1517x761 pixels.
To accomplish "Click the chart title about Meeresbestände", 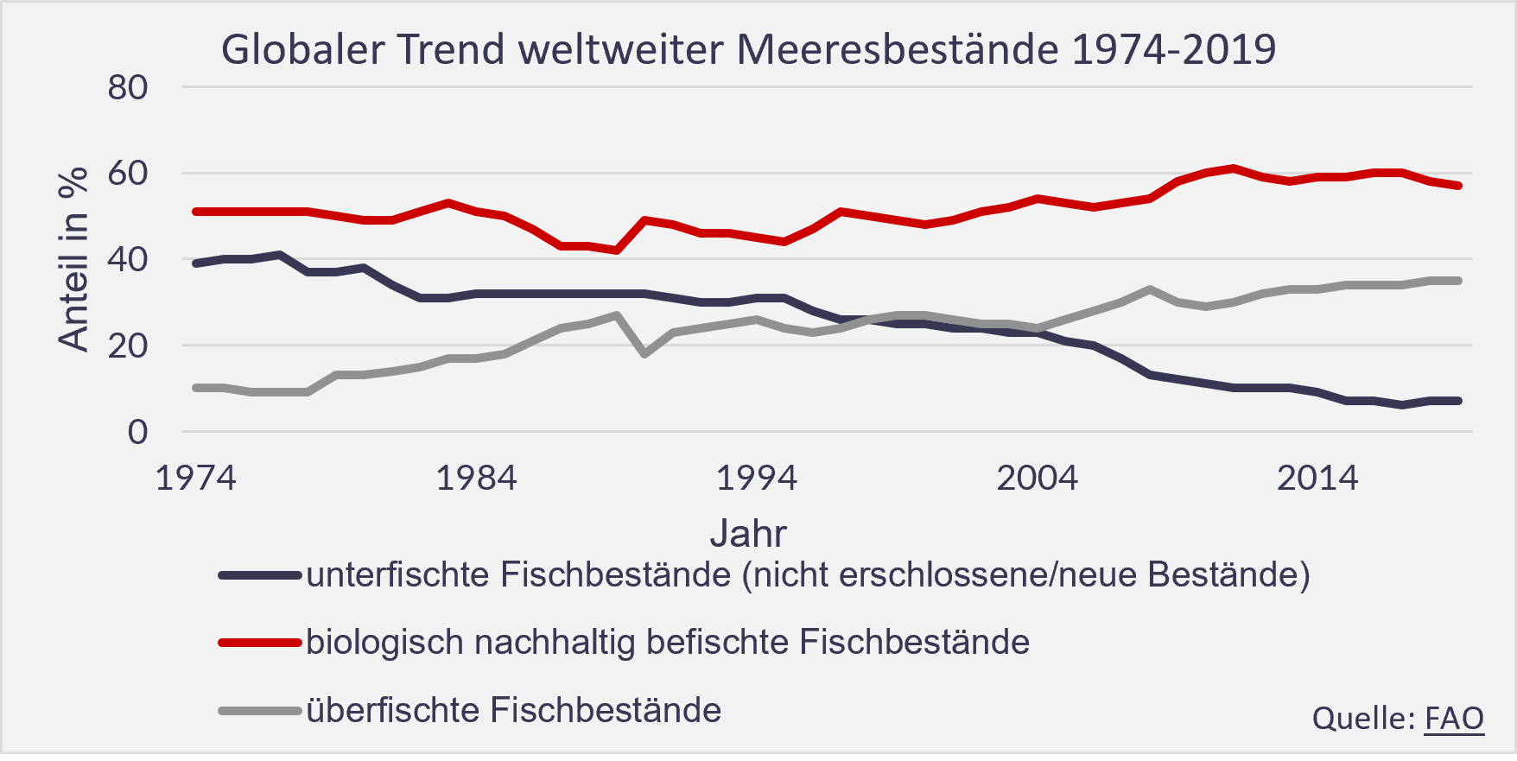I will pos(748,49).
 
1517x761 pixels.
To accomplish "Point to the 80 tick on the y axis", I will pos(128,87).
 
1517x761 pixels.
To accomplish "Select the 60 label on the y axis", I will pos(128,174).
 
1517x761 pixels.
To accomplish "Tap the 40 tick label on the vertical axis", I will pos(128,259).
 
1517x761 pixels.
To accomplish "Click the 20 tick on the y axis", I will pos(128,346).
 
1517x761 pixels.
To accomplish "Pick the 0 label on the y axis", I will pos(138,432).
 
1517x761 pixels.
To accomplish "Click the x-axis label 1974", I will pos(195,478).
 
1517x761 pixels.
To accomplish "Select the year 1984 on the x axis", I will pos(476,478).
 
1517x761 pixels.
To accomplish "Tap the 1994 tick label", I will pos(757,478).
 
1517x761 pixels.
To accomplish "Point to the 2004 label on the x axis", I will pos(1038,478).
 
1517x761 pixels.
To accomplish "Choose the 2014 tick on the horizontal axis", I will pos(1317,478).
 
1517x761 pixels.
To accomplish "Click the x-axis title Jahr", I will pos(748,534).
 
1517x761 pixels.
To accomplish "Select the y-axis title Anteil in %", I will pos(74,259).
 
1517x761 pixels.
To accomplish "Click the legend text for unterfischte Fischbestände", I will pos(808,574).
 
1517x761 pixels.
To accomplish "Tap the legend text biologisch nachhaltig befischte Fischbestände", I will pos(668,643).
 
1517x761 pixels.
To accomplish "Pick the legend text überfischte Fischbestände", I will pos(514,710).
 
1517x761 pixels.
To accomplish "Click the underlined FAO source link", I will pos(1454,718).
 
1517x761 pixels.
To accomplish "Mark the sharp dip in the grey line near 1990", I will pos(644,353).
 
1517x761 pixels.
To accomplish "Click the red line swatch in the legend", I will pos(259,643).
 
